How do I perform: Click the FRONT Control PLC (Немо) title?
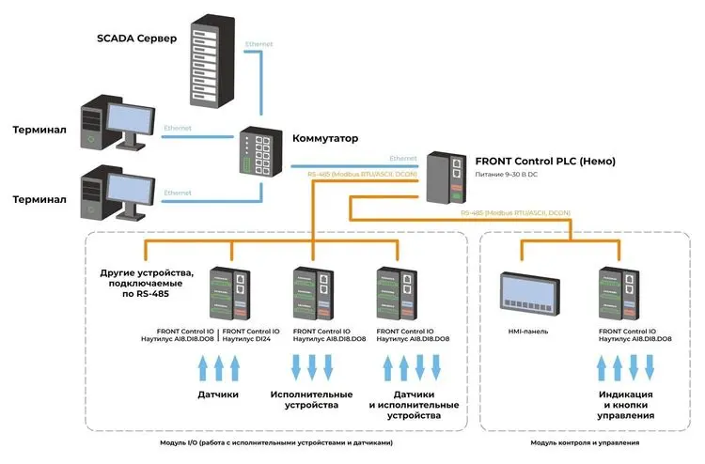[x=545, y=161]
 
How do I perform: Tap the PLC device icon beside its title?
[x=445, y=177]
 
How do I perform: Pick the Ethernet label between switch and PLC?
[x=402, y=159]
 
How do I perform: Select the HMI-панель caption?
[x=525, y=332]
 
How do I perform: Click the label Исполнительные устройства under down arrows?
[x=311, y=399]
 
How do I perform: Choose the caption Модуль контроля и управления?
[x=585, y=442]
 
